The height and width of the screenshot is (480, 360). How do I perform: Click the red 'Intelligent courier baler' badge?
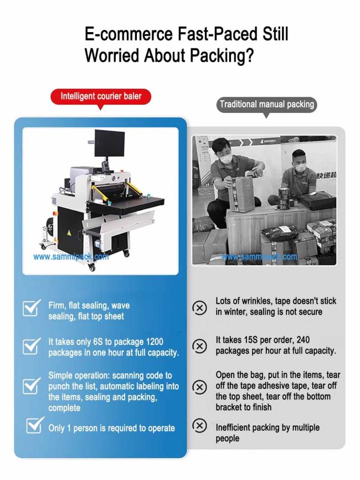101,97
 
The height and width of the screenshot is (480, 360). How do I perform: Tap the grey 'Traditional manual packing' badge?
266,105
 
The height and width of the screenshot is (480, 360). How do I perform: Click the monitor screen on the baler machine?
109,143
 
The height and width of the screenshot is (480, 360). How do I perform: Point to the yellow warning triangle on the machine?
69,233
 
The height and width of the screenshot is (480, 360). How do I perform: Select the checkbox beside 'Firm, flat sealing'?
31,308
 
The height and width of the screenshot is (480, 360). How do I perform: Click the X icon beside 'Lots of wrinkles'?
199,307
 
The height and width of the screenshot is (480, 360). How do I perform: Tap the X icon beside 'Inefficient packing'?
199,426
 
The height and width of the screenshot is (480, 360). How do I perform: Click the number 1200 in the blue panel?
155,342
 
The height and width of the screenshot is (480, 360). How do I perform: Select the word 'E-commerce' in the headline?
128,34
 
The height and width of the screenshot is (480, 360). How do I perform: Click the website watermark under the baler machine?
71,256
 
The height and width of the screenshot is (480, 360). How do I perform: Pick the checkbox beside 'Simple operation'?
31,386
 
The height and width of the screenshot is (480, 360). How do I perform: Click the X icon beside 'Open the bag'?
199,387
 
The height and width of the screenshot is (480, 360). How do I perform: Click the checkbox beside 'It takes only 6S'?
31,346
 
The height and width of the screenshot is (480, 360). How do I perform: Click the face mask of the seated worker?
300,167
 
